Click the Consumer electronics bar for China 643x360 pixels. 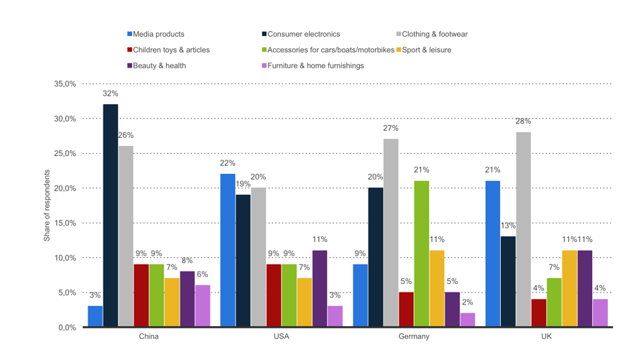tap(111, 216)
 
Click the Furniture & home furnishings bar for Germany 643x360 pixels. tap(468, 320)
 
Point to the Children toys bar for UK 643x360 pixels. tap(538, 313)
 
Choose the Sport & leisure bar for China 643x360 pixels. tap(172, 303)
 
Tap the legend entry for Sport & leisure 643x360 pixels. tap(427, 50)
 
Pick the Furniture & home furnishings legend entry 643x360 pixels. tap(315, 65)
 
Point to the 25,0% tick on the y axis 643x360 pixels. tap(65, 154)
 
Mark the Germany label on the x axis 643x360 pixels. tap(413, 336)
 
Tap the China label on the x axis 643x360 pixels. tap(148, 336)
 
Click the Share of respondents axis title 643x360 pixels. tap(47, 206)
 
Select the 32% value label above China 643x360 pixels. tap(111, 94)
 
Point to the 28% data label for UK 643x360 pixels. tap(523, 121)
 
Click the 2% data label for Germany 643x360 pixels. tap(468, 303)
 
